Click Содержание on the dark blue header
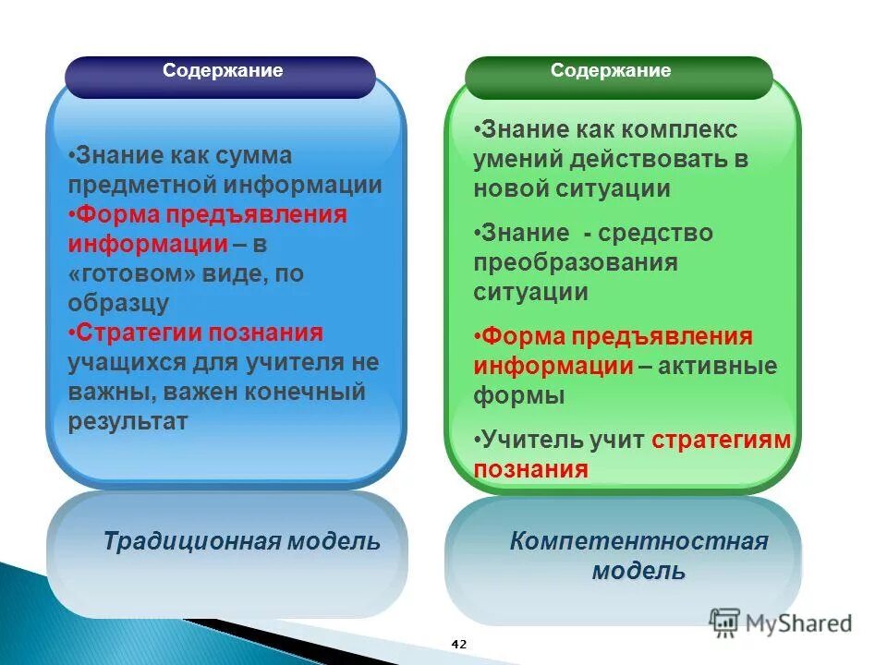point(223,71)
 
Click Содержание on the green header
point(611,71)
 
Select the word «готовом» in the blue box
point(124,274)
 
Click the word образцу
point(118,303)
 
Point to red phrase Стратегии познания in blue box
point(199,332)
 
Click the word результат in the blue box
point(128,421)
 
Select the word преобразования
point(576,262)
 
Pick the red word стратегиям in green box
point(721,440)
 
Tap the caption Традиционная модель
point(241,541)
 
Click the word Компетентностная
point(638,541)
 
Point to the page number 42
point(459,644)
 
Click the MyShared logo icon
point(725,623)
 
